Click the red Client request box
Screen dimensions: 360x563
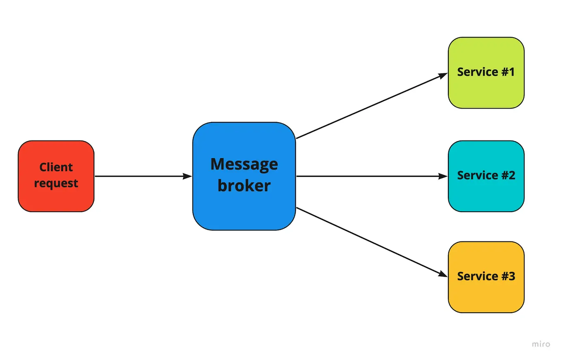[x=56, y=195]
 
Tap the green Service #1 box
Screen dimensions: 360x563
[x=486, y=91]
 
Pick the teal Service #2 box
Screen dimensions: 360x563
[x=486, y=195]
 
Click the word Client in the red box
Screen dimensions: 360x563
[x=56, y=167]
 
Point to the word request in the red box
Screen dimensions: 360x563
[x=56, y=183]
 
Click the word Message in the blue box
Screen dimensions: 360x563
[x=244, y=164]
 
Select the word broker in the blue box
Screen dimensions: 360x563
[x=244, y=186]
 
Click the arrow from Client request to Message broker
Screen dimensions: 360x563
[x=141, y=176]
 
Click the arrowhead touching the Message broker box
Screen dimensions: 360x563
[x=188, y=176]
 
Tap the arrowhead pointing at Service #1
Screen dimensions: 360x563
[x=443, y=75]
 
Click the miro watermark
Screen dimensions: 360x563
[x=541, y=344]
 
